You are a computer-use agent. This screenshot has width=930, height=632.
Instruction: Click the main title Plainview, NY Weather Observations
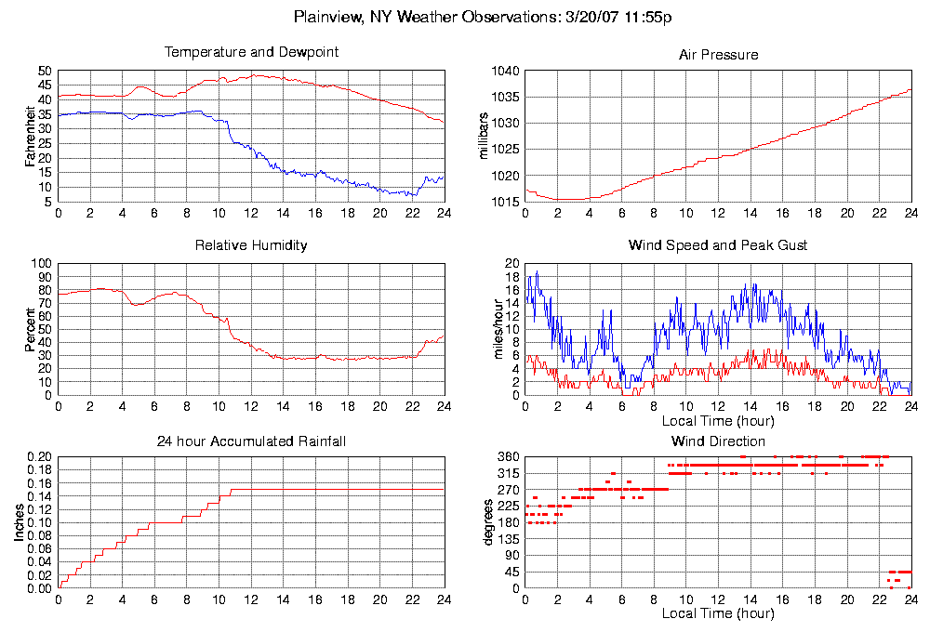483,17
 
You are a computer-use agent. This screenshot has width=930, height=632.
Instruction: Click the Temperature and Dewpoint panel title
251,52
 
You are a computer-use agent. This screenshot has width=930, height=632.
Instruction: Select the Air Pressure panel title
718,55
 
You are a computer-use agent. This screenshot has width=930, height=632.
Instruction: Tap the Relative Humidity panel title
251,245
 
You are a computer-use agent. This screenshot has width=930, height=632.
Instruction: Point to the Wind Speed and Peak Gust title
718,245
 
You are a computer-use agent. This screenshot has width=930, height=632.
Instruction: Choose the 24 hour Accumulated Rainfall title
251,441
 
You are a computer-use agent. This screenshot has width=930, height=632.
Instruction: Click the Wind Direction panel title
718,441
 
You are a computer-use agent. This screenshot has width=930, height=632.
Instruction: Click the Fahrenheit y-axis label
31,136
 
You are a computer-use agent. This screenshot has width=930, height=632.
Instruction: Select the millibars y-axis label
483,136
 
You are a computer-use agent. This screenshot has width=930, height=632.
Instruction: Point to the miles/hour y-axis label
483,329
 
